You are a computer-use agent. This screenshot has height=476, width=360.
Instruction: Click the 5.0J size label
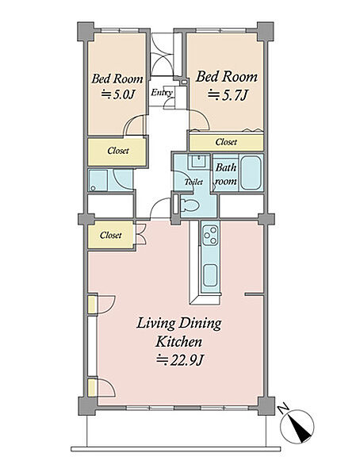click(117, 94)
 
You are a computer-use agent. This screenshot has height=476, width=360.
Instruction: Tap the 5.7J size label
click(228, 95)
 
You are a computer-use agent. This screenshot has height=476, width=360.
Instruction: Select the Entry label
click(162, 93)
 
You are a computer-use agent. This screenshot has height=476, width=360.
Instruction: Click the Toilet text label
click(193, 182)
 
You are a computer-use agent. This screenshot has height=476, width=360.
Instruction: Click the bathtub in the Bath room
click(251, 173)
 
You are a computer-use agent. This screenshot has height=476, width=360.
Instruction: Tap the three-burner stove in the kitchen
click(210, 235)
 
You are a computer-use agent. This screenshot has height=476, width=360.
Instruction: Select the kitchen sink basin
click(210, 275)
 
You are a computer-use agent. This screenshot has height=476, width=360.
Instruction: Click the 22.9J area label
click(179, 360)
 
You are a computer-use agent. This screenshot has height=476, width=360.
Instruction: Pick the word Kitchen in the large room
click(178, 342)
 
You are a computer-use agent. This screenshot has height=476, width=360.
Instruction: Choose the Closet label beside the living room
click(110, 235)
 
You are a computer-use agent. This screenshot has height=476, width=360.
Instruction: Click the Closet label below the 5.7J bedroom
click(226, 142)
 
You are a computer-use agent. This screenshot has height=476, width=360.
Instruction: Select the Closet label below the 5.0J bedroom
click(118, 151)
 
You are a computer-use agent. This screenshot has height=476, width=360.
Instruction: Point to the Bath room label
click(225, 175)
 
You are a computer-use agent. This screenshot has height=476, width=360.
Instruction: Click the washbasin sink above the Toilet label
click(198, 161)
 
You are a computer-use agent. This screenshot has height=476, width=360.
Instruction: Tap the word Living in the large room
click(155, 324)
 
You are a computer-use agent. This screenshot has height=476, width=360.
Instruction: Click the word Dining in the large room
click(200, 324)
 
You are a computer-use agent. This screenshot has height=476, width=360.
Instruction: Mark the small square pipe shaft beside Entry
click(184, 82)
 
